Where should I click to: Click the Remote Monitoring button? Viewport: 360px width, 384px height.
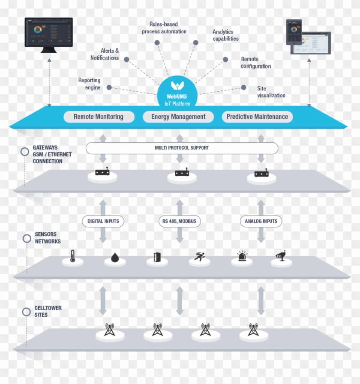pos(98,117)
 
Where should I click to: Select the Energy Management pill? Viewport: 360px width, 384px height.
pos(178,117)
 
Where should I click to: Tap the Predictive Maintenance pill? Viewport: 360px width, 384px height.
pos(257,117)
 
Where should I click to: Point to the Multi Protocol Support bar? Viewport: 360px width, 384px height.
pos(182,148)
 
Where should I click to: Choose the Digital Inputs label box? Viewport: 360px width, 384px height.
pos(103,221)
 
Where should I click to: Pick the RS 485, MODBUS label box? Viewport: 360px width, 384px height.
pos(180,221)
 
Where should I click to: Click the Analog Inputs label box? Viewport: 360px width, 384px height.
pos(261,221)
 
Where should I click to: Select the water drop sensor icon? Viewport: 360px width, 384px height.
pos(114,258)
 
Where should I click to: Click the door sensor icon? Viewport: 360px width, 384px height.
pos(157,258)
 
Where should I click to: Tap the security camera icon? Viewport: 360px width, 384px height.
pos(281,256)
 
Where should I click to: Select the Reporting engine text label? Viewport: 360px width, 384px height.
pos(89,84)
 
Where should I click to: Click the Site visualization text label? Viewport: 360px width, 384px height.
pos(271,92)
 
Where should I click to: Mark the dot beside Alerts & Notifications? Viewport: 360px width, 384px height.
pos(127,59)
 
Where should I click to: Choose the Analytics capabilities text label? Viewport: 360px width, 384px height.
pos(225,35)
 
